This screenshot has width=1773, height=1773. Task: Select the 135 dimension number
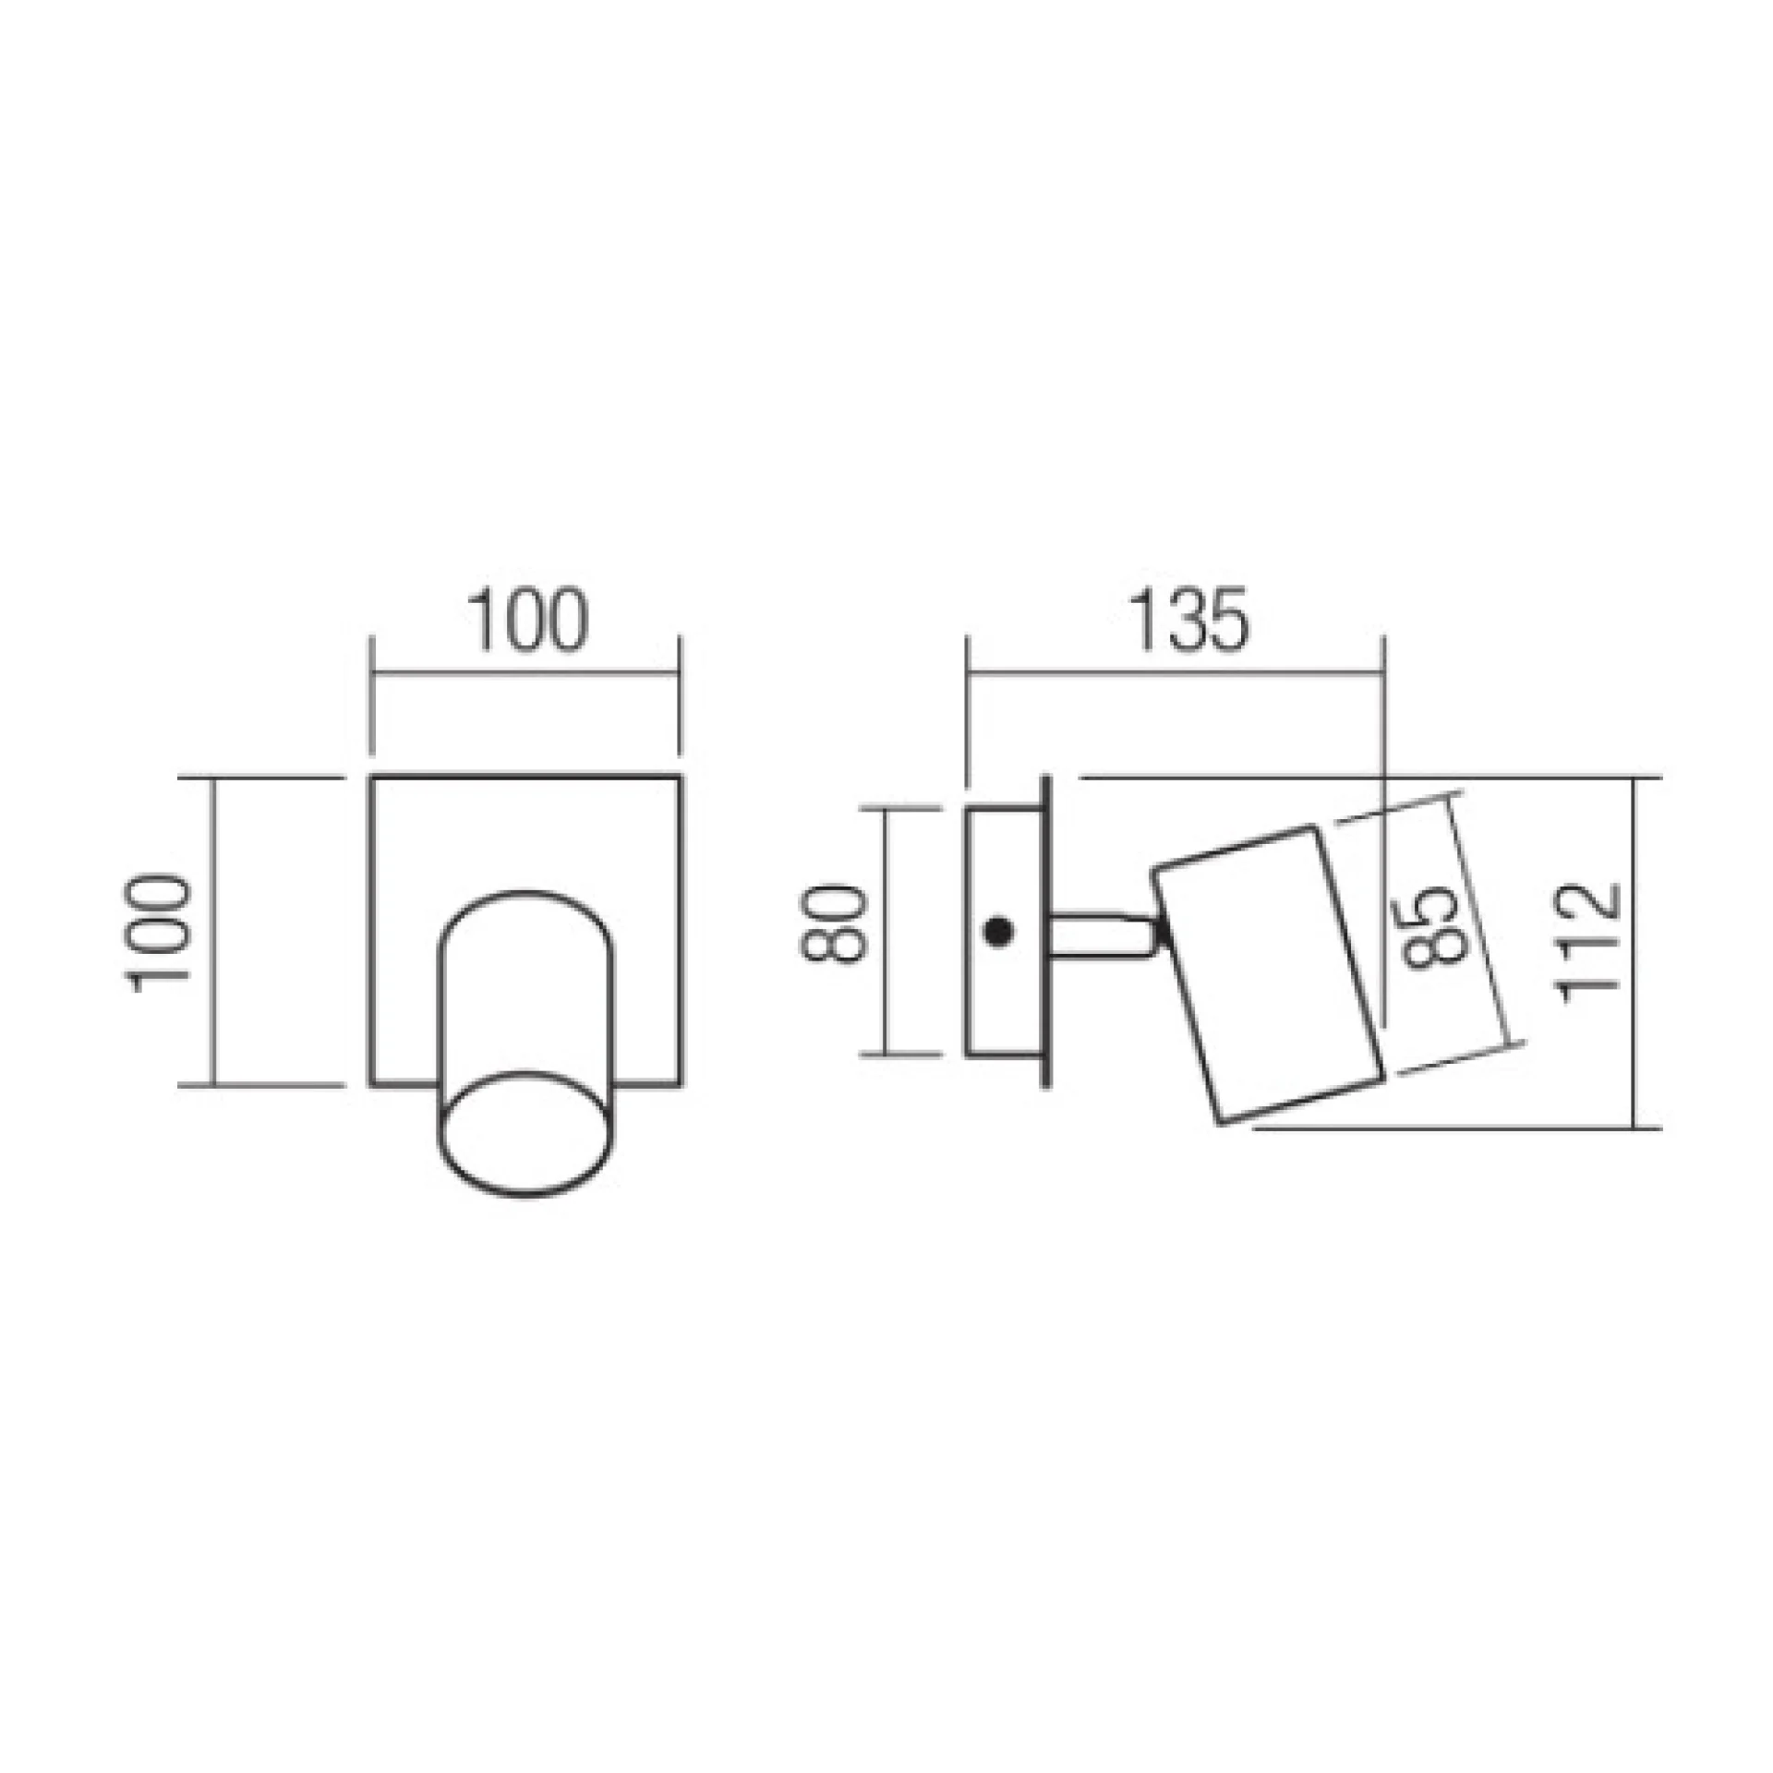pyautogui.click(x=1188, y=619)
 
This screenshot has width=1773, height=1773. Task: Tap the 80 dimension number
pyautogui.click(x=835, y=924)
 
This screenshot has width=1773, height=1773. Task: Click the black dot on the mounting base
pyautogui.click(x=997, y=932)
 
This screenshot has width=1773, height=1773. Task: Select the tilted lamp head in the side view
pyautogui.click(x=1268, y=974)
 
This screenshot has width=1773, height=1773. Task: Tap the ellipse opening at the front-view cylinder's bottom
pyautogui.click(x=525, y=1134)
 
